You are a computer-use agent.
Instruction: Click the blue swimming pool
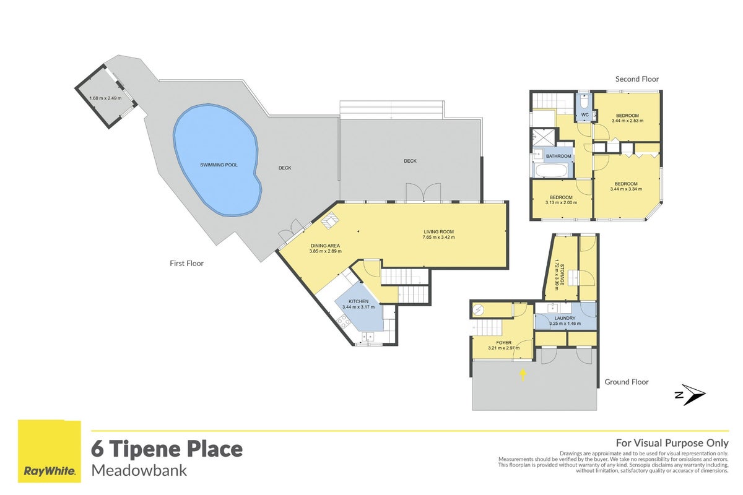[x=217, y=160]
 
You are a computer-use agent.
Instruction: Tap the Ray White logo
[x=50, y=451]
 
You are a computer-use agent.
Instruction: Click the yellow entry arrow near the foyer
[x=523, y=375]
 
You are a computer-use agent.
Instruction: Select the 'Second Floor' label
[x=637, y=79]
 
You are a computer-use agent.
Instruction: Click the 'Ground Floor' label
[x=626, y=382]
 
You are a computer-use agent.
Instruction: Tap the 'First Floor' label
[x=186, y=263]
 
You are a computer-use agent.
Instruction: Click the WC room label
[x=584, y=114]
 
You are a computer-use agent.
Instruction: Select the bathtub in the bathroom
[x=551, y=171]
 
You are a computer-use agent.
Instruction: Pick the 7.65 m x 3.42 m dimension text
[x=438, y=237]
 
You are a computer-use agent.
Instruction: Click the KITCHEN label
[x=358, y=301]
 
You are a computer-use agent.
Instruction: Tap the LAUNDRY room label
[x=565, y=318]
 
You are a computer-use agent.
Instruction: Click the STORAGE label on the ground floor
[x=562, y=275]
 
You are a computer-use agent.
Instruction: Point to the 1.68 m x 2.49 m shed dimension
[x=105, y=98]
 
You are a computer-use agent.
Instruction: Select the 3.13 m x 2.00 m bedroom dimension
[x=561, y=202]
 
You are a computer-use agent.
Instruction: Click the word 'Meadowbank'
[x=139, y=471]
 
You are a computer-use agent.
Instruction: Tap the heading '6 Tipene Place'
[x=167, y=449]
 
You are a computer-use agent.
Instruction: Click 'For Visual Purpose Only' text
[x=672, y=443]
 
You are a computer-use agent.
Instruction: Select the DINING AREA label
[x=325, y=246]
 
